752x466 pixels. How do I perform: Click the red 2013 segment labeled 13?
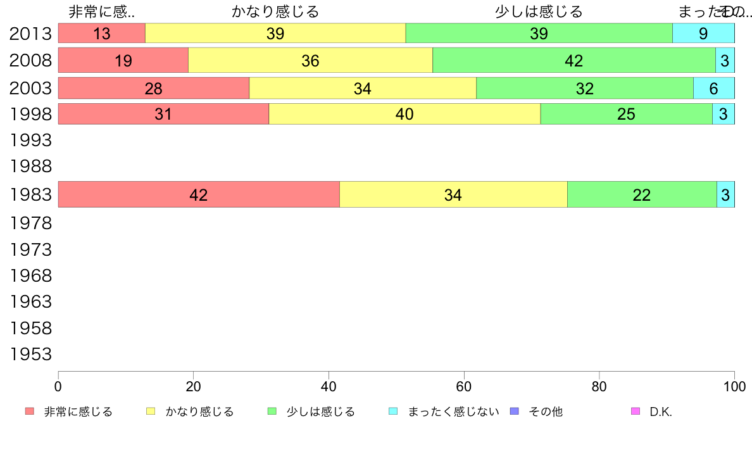pos(101,34)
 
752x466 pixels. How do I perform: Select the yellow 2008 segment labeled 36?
pos(310,61)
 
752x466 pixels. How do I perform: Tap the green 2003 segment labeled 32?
pos(584,89)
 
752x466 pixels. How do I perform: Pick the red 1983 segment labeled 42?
pos(199,195)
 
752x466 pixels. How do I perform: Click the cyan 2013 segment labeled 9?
pos(703,34)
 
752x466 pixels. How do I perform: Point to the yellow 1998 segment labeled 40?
pos(404,115)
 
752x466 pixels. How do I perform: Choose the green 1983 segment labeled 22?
pos(641,195)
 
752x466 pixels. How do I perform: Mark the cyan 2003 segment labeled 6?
pos(713,89)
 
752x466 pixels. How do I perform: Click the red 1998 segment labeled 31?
pos(163,115)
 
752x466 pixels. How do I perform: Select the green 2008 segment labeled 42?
pos(573,61)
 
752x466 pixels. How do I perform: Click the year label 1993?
pos(30,139)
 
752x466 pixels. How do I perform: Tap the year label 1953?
pos(30,355)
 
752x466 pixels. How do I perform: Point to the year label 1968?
pos(30,276)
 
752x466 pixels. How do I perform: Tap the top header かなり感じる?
pos(275,11)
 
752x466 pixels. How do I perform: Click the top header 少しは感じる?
pos(539,11)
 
